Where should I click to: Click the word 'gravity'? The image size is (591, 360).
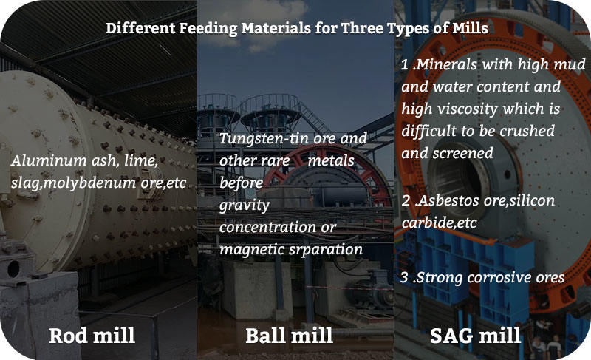245,204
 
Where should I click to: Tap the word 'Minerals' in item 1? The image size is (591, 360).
449,65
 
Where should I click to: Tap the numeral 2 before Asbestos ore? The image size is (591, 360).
405,201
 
